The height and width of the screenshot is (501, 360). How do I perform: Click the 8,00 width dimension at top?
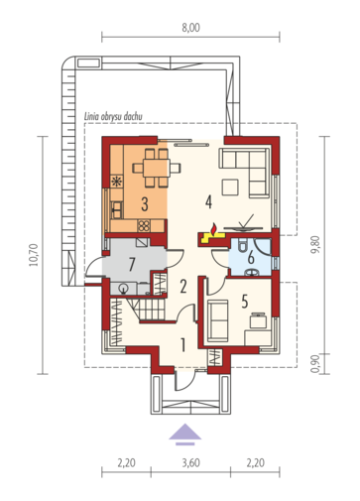(x=190, y=28)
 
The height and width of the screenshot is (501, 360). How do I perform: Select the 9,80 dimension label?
(x=315, y=245)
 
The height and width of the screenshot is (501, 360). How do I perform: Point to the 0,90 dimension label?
(x=315, y=363)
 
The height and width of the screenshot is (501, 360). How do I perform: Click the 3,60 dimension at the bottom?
(x=190, y=462)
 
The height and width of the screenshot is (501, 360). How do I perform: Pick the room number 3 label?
(x=145, y=204)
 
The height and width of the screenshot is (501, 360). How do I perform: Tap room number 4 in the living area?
(x=208, y=201)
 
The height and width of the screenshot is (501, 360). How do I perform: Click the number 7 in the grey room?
(x=132, y=265)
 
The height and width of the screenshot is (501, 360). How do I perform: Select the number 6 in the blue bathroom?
(x=251, y=258)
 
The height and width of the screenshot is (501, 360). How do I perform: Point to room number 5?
(x=245, y=302)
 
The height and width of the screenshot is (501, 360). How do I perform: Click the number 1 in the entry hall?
(x=182, y=344)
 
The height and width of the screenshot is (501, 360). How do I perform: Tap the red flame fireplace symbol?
(x=214, y=228)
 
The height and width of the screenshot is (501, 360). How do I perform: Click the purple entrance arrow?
(x=185, y=434)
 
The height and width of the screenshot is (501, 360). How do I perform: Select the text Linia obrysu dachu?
(x=113, y=116)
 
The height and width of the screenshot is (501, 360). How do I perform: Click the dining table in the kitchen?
(x=157, y=168)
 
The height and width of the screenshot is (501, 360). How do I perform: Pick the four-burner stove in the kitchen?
(x=144, y=226)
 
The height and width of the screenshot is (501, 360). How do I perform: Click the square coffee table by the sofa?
(x=230, y=188)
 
